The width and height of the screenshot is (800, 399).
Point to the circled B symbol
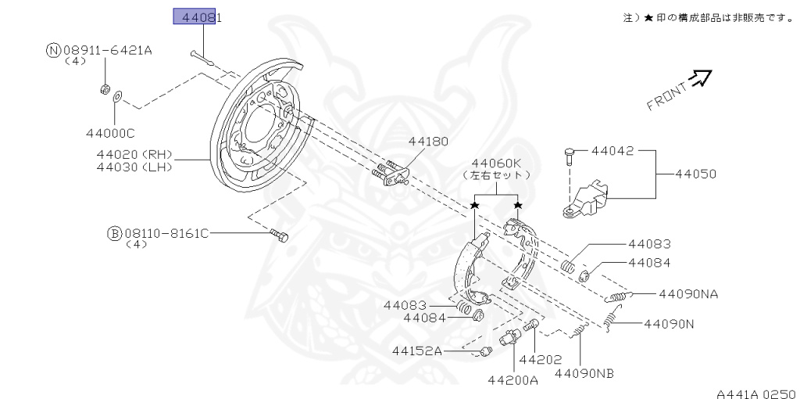pos(114,233)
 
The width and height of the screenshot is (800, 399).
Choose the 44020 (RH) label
pos(134,154)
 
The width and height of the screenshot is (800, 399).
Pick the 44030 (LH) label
pos(134,167)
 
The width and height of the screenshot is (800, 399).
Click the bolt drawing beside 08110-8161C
pos(279,235)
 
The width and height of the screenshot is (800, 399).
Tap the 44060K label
pos(496,163)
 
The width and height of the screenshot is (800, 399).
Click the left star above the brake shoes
pos(474,205)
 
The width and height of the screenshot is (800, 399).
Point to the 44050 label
pos(695,173)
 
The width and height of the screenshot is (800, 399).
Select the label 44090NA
pos(687,294)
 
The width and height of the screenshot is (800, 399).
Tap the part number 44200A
pos(513,380)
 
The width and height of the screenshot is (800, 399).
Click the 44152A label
pos(417,351)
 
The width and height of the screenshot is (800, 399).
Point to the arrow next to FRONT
pos(700,76)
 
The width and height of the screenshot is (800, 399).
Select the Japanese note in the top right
pos(709,17)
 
